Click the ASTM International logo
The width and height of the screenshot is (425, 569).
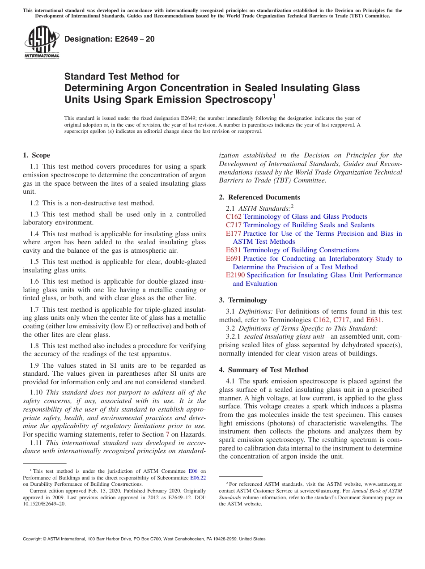pos(42,42)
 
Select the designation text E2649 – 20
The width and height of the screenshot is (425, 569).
pos(110,39)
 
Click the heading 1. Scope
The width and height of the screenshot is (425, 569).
pos(36,155)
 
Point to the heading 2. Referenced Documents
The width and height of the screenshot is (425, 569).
pos(259,197)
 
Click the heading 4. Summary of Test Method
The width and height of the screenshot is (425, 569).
pos(263,370)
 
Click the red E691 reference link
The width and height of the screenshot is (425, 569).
pos(233,259)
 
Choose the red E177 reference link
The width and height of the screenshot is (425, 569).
pos(234,233)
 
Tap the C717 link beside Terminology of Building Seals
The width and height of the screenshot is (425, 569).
pos(234,225)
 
